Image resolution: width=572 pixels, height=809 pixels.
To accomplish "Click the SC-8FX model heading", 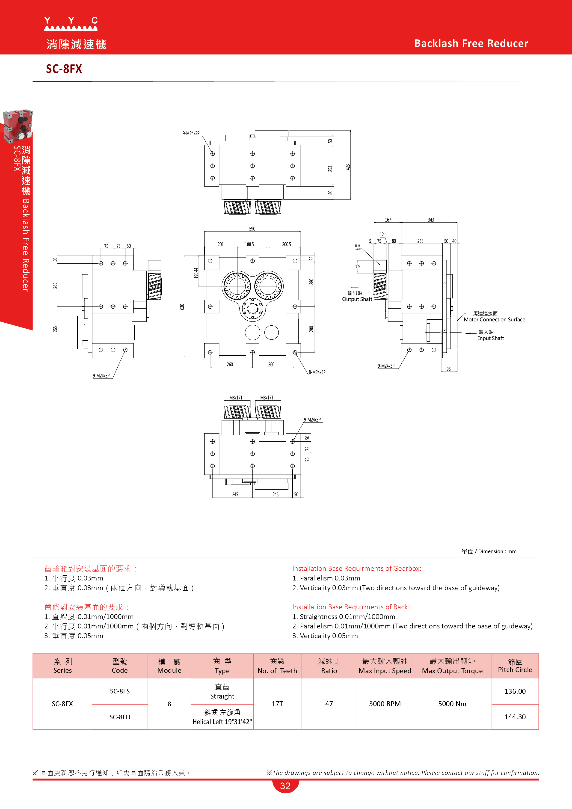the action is pyautogui.click(x=64, y=69).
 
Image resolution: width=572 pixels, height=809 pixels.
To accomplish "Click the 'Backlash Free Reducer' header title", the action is pyautogui.click(x=471, y=43).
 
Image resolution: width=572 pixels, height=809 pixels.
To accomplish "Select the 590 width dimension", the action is pyautogui.click(x=252, y=229).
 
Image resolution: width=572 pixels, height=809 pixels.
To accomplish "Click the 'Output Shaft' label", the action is pyautogui.click(x=357, y=299).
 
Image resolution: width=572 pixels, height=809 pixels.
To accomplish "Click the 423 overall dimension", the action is pyautogui.click(x=348, y=167).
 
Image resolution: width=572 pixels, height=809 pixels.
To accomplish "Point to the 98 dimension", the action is pyautogui.click(x=448, y=369).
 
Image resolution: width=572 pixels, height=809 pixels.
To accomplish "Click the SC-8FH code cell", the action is pyautogui.click(x=120, y=717).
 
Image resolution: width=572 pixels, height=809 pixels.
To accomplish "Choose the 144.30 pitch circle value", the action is pyautogui.click(x=515, y=717).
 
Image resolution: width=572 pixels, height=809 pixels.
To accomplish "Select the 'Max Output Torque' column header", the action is pyautogui.click(x=452, y=671).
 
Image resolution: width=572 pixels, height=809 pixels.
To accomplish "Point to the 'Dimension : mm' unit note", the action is pyautogui.click(x=497, y=551).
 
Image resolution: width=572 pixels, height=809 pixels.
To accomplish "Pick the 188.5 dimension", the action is pyautogui.click(x=249, y=244).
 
